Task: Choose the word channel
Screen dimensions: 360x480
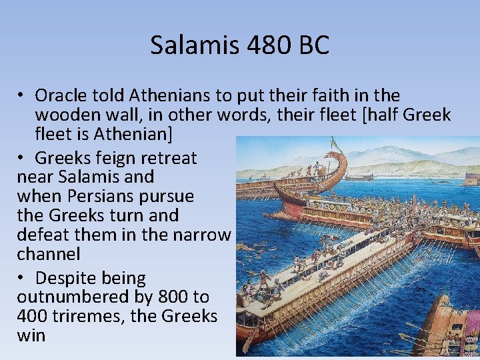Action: coord(48,254)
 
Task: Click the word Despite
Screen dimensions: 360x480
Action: coord(71,278)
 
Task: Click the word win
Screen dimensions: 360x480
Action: coord(31,335)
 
